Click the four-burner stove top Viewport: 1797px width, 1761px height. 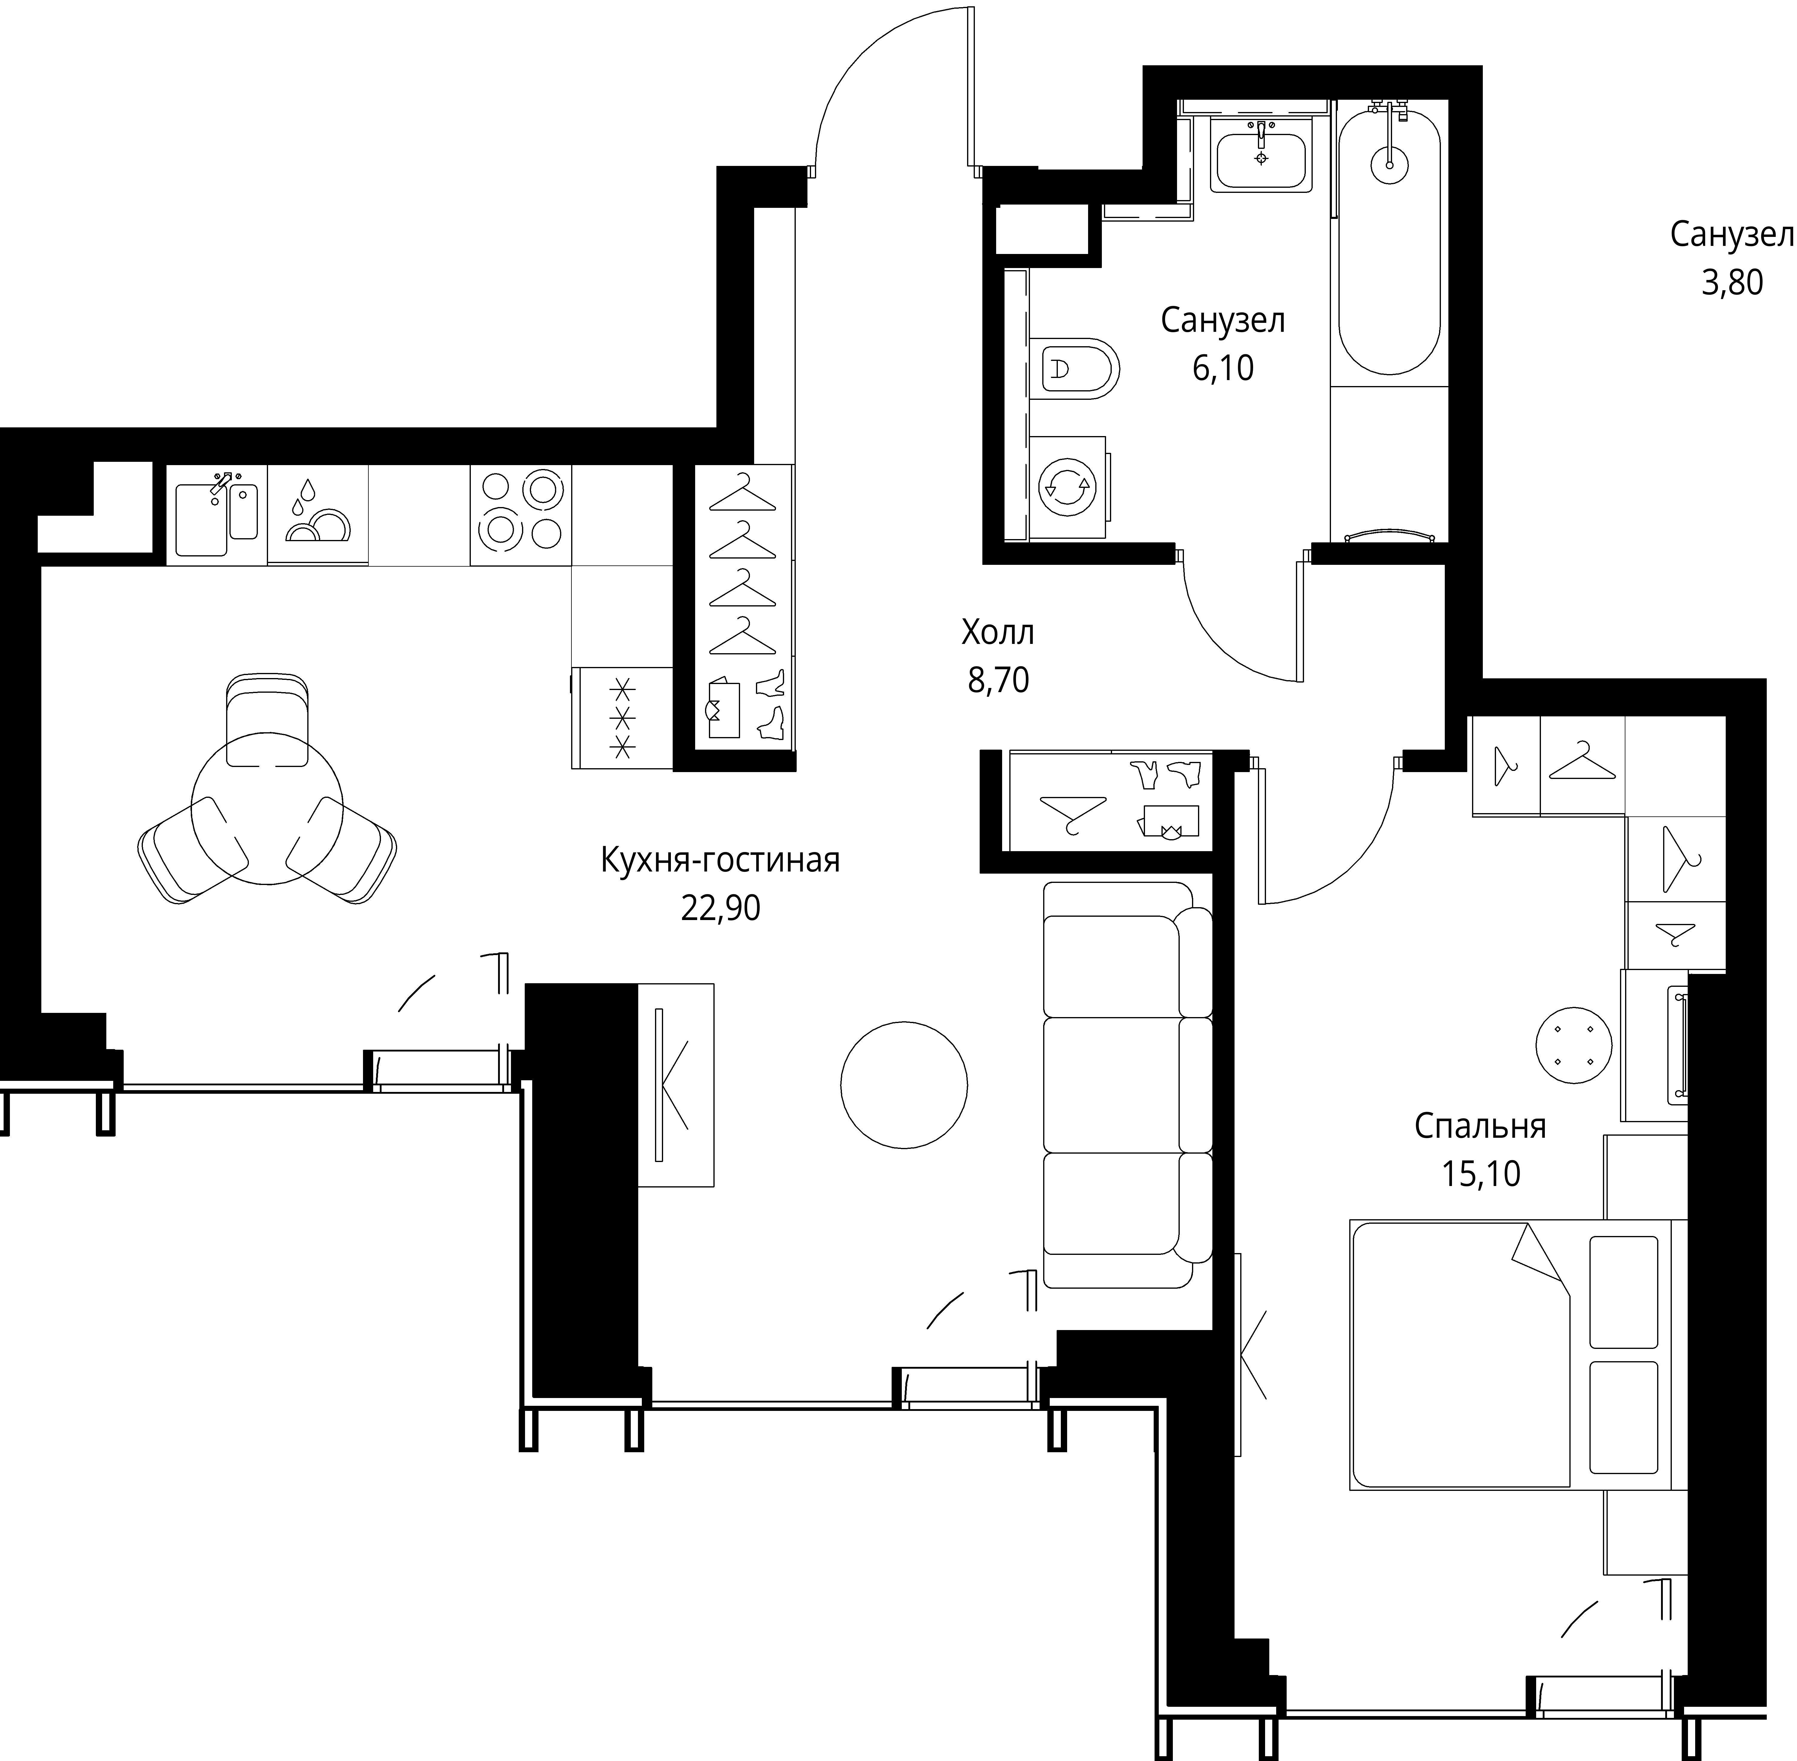click(520, 514)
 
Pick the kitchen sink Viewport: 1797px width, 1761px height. click(217, 514)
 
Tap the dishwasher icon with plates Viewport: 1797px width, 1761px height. click(317, 514)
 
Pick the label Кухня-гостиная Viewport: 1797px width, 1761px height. click(721, 860)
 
